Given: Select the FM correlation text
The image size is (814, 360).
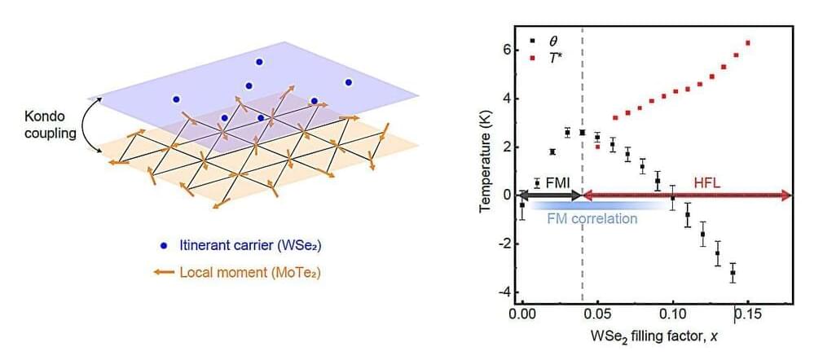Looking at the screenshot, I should coord(593,218).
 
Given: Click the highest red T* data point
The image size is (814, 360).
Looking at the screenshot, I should coord(748,43).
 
